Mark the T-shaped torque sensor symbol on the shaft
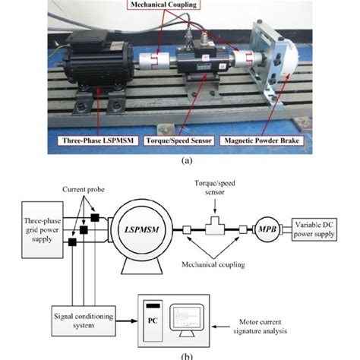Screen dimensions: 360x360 point(216,226)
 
